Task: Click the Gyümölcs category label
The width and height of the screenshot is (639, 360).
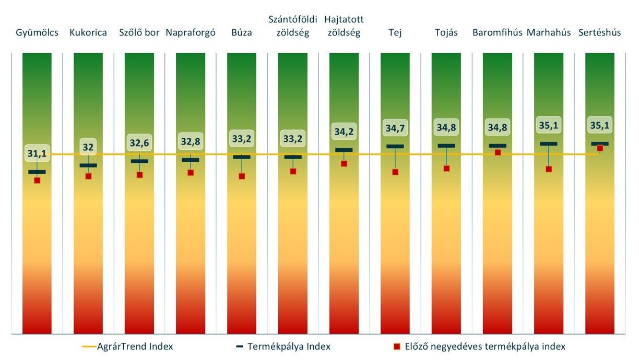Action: (x=37, y=32)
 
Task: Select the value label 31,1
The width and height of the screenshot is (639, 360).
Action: (x=37, y=153)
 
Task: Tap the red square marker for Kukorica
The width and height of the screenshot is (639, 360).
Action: (x=88, y=176)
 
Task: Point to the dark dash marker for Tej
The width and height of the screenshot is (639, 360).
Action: (x=395, y=146)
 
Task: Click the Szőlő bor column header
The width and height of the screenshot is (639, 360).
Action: (x=139, y=32)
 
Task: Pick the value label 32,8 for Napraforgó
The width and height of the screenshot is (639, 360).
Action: (x=191, y=141)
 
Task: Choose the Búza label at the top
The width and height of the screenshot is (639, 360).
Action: (x=242, y=32)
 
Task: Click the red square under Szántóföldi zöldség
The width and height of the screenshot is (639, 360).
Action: (x=293, y=171)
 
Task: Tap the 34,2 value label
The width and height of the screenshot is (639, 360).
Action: (x=344, y=131)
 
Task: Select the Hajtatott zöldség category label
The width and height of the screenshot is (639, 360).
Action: (x=344, y=26)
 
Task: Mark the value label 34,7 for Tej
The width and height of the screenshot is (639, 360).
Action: (x=395, y=127)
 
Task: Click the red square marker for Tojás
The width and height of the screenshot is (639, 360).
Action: (x=446, y=169)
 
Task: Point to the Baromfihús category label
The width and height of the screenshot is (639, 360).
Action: (x=498, y=32)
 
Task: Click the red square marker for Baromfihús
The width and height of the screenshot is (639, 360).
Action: (x=498, y=152)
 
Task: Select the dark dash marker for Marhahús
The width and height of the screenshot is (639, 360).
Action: (x=549, y=143)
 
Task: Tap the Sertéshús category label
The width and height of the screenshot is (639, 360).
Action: (x=600, y=32)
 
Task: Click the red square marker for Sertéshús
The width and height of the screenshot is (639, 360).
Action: (x=600, y=149)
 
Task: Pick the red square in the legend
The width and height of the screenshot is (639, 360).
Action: (x=396, y=346)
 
